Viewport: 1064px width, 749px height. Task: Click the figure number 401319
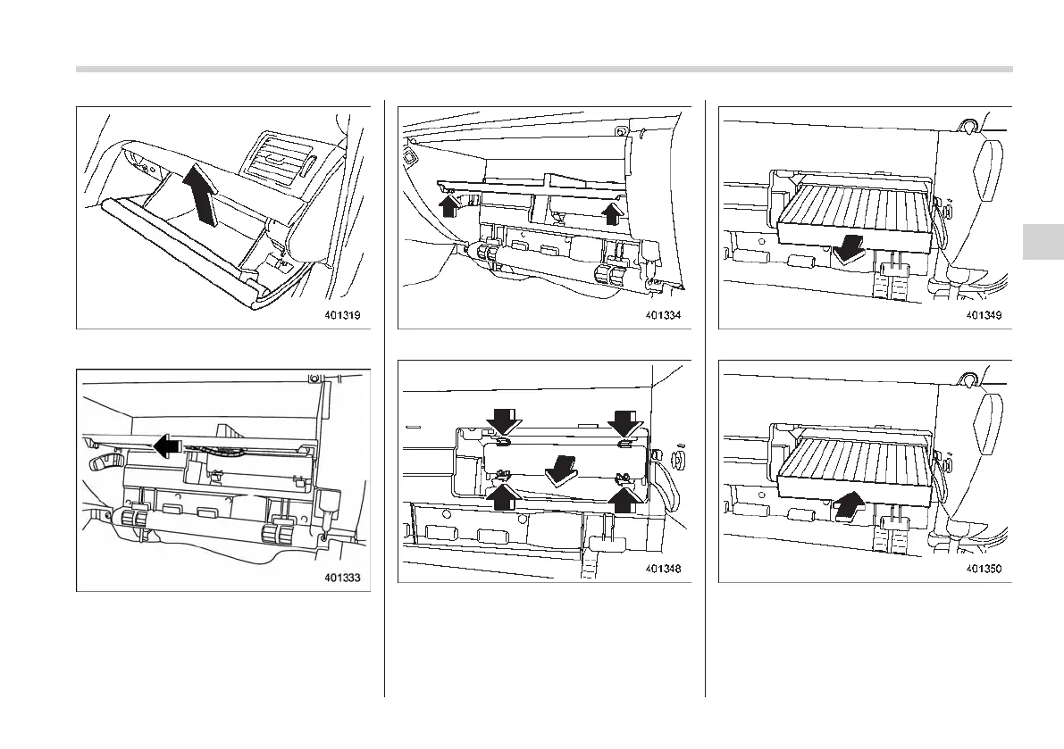pyautogui.click(x=342, y=315)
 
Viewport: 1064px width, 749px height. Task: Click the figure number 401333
pyautogui.click(x=342, y=578)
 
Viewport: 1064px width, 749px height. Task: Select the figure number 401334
pyautogui.click(x=664, y=315)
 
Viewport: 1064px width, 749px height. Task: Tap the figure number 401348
pyautogui.click(x=664, y=569)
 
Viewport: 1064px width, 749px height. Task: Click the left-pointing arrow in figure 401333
pyautogui.click(x=163, y=444)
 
